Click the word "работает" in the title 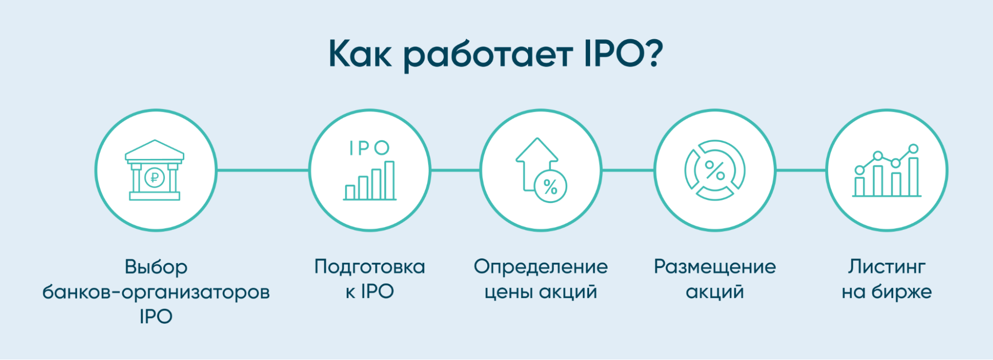pos(488,55)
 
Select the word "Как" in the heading pos(360,54)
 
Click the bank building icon pos(154,170)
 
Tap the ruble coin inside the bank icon pos(154,177)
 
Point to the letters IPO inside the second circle pos(369,148)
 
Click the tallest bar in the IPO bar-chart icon pos(389,180)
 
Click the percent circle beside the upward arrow pos(550,187)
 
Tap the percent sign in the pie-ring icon pos(715,170)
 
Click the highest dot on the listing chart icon pos(913,148)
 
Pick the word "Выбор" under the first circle pos(156,267)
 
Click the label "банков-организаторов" pos(156,292)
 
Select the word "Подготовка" pos(370,267)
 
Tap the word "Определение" pos(540,267)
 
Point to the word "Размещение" pos(715,267)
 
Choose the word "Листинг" pos(887,267)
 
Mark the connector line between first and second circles pos(263,170)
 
